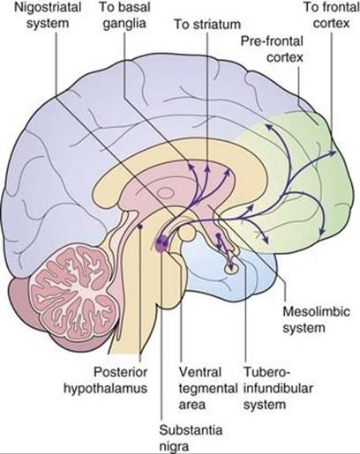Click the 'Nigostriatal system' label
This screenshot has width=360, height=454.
48,16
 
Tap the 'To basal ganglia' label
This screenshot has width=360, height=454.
124,16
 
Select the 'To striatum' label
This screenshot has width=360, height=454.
207,25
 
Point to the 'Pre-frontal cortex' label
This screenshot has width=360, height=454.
272,49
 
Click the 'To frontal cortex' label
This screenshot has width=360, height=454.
332,16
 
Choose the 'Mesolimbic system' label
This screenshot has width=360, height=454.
316,320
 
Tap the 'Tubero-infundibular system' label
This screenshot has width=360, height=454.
278,389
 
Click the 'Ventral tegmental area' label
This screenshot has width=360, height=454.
208,389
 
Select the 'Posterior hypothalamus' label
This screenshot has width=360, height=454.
105,381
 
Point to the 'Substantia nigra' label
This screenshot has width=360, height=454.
191,438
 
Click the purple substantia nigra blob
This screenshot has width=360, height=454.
161,243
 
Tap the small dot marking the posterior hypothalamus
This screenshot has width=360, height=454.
140,227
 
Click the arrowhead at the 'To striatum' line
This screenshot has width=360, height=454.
207,168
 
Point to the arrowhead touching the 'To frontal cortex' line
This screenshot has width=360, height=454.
333,153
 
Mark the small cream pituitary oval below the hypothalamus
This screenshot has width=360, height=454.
231,268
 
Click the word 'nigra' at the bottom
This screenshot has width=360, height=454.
174,447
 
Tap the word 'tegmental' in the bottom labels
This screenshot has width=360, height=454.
208,389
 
